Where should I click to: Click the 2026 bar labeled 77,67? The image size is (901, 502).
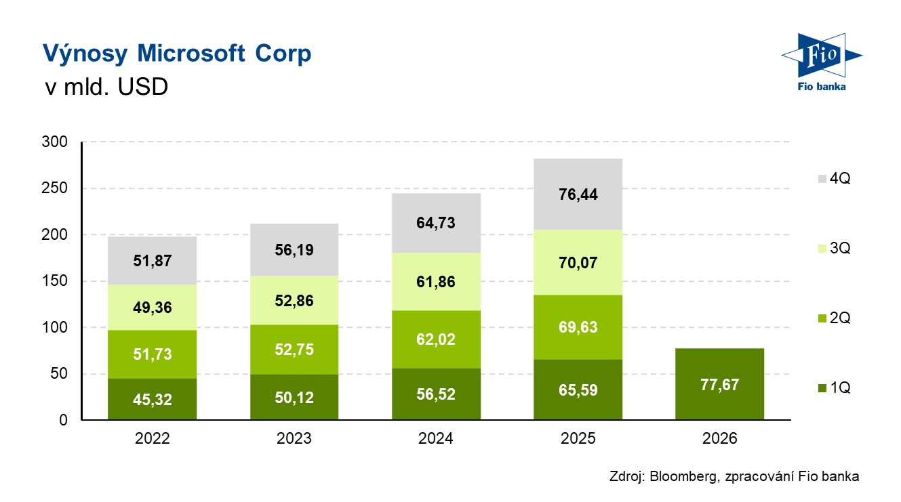[720, 384]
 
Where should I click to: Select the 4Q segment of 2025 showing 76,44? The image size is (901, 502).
[578, 194]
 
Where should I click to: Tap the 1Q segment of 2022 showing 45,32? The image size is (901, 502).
[153, 399]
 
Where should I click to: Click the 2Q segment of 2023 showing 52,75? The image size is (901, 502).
[294, 349]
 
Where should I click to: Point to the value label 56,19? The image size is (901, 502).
[294, 249]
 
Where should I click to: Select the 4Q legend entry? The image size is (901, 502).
[834, 179]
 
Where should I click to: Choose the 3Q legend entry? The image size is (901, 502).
[834, 249]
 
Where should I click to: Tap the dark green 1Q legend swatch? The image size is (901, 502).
[822, 388]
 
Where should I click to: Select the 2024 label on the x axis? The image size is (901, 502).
[436, 439]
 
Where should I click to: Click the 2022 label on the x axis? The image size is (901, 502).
[153, 439]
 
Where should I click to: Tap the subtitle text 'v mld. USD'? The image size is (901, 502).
[105, 87]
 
